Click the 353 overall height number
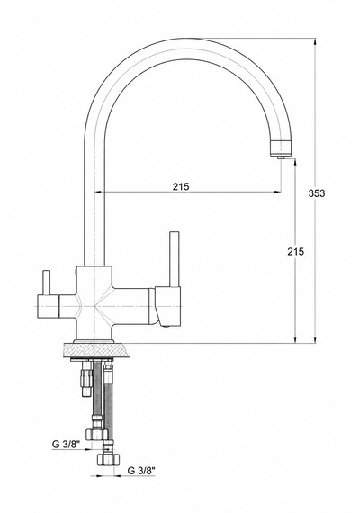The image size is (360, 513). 317,193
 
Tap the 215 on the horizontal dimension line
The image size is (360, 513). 181,186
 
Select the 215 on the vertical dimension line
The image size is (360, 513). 295,252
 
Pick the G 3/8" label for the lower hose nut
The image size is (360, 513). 141,471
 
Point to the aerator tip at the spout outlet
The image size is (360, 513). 281,157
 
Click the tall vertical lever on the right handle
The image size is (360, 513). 174,259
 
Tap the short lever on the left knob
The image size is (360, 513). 47,283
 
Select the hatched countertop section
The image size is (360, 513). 94,350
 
